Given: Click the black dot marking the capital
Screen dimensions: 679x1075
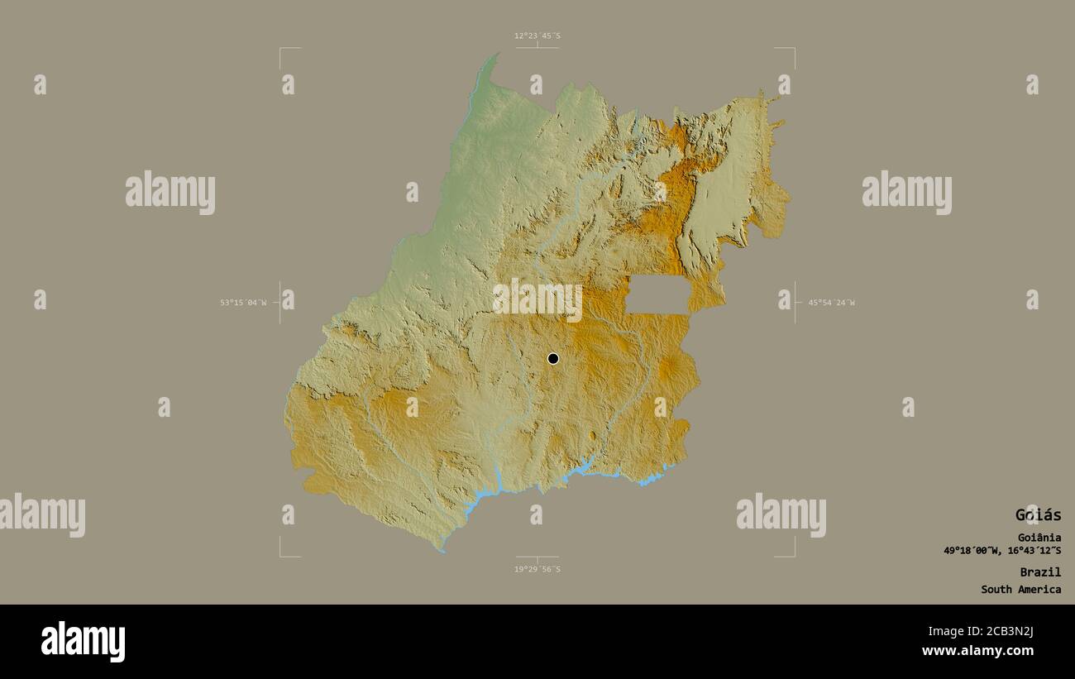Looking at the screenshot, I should [x=552, y=358].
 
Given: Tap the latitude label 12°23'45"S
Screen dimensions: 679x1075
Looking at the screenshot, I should [x=537, y=36].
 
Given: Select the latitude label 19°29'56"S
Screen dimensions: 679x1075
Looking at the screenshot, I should [x=537, y=569].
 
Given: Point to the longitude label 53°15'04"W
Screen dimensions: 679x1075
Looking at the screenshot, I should [x=243, y=303].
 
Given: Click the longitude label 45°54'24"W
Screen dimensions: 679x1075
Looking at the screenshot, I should [x=831, y=303].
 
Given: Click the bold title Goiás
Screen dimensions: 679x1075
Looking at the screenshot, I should [x=1038, y=514].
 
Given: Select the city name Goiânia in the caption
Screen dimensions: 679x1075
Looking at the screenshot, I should [x=1039, y=538].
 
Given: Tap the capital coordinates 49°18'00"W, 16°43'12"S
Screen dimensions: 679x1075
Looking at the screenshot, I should [x=1002, y=551].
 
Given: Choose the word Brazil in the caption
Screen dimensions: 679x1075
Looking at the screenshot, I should [x=1040, y=571].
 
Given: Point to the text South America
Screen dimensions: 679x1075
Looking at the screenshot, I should [x=1020, y=590].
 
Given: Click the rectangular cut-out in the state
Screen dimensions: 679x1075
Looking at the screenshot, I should [x=657, y=295].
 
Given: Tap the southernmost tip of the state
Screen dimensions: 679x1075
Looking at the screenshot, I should [x=441, y=550].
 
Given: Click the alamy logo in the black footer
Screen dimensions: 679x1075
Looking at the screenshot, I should [x=84, y=642].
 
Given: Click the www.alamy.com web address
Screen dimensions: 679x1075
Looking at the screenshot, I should [x=977, y=651].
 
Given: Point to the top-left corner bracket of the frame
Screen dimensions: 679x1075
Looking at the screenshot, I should [x=281, y=49].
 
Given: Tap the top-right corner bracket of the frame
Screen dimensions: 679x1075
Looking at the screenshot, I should [x=793, y=49].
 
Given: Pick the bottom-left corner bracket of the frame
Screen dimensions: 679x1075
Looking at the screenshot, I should [x=281, y=555].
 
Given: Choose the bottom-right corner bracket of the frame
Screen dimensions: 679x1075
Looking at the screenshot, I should [x=793, y=555].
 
